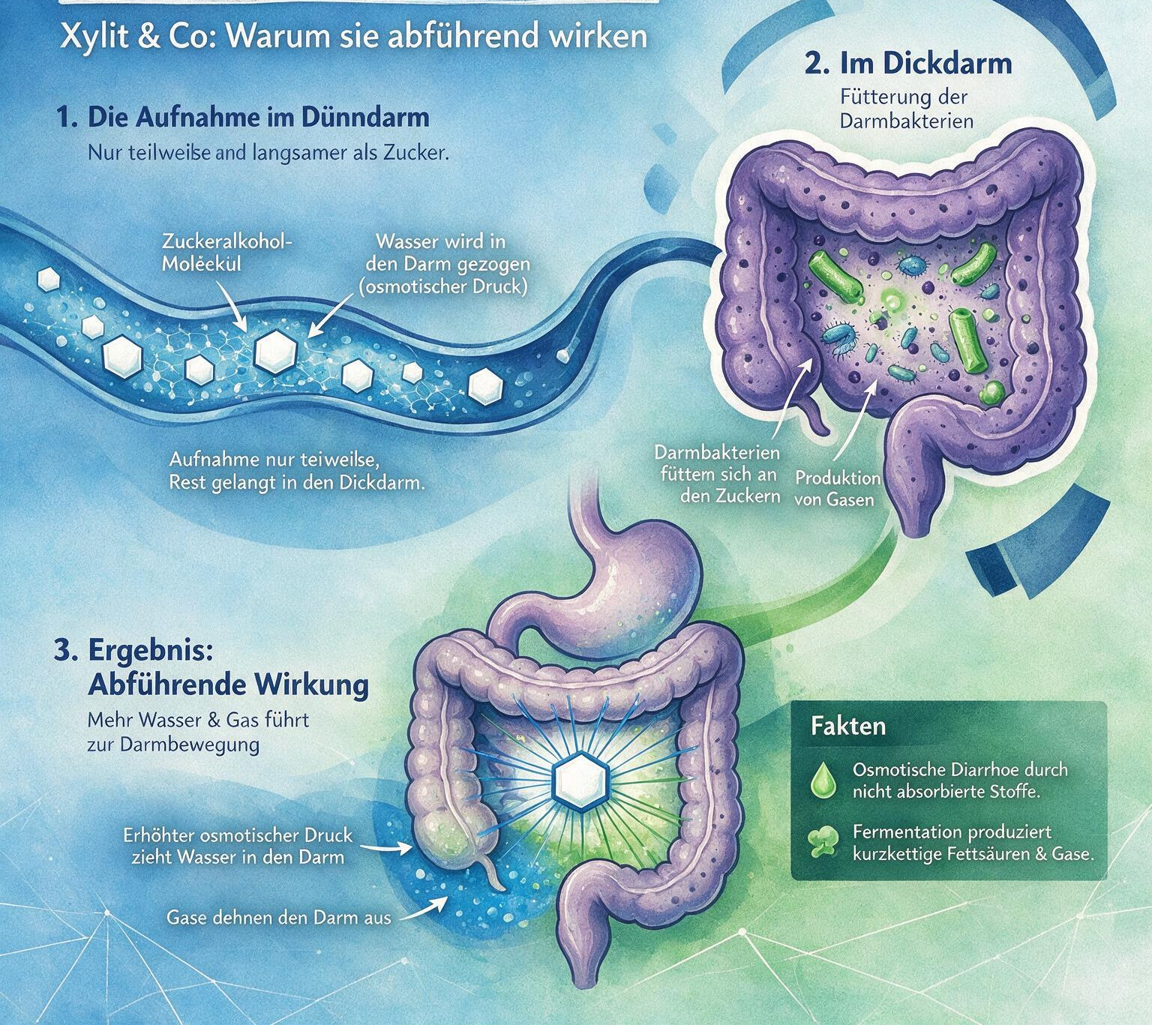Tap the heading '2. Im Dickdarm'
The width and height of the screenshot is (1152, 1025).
point(908,64)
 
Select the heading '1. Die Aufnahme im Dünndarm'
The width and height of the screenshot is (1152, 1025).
point(243,118)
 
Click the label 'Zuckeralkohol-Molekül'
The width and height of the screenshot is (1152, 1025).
point(226,253)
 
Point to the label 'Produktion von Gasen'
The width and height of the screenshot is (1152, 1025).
point(837,488)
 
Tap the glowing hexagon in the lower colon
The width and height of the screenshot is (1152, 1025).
point(582,779)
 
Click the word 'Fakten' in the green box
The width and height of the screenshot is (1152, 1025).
point(847,727)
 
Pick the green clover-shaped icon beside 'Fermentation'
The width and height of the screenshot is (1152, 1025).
point(823,841)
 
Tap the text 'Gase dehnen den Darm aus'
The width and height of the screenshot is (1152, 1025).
point(278,918)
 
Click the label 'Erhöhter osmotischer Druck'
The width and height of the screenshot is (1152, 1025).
point(238,835)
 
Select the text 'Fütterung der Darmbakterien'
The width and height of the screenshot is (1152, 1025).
point(906,109)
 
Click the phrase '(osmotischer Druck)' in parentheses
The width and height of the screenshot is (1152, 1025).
point(443,286)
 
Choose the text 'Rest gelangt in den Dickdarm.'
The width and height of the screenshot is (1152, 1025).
point(298,483)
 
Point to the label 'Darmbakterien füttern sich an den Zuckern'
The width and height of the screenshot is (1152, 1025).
point(718,474)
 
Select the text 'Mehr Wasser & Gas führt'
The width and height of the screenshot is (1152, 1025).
point(199,720)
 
